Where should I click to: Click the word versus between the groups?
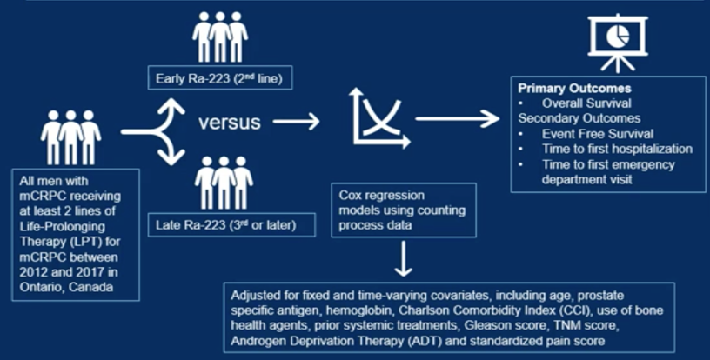[x=229, y=122]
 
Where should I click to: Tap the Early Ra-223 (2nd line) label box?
[x=220, y=77]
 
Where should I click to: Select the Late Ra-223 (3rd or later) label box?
[x=231, y=224]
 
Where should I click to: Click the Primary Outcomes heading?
[x=574, y=88]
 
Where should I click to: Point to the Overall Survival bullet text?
[x=586, y=103]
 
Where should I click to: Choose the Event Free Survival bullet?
[x=598, y=134]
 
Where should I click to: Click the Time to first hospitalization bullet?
[x=617, y=149]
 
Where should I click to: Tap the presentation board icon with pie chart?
[x=618, y=43]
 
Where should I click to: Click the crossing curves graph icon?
[x=379, y=117]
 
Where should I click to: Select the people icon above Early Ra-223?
[x=220, y=37]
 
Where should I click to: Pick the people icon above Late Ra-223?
[x=224, y=183]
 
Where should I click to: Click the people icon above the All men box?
[x=70, y=137]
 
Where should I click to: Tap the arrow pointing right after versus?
[x=296, y=121]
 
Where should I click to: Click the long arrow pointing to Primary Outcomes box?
[x=458, y=118]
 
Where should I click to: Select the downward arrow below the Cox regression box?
[x=403, y=258]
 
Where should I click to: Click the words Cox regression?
[x=382, y=196]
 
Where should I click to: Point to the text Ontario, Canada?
[x=66, y=287]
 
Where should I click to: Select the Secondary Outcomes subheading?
[x=579, y=118]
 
